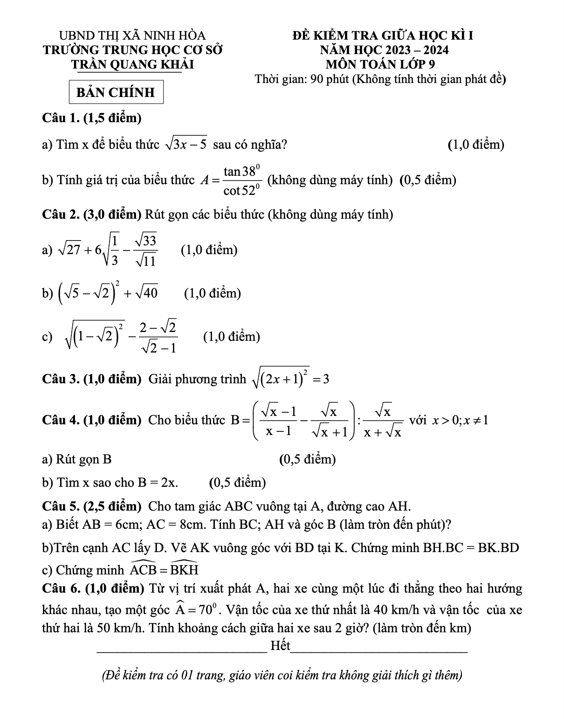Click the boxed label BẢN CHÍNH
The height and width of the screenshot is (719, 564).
pyautogui.click(x=116, y=92)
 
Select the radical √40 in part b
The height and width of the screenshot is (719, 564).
pyautogui.click(x=146, y=293)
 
